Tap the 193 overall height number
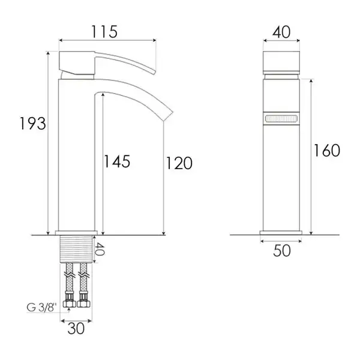click(33, 124)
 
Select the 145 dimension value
click(117, 161)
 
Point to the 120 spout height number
click(179, 163)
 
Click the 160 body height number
click(327, 151)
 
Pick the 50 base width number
click(282, 250)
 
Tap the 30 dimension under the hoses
click(76, 329)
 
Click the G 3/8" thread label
click(41, 307)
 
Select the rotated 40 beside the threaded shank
click(100, 249)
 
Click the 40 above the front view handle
click(281, 32)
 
